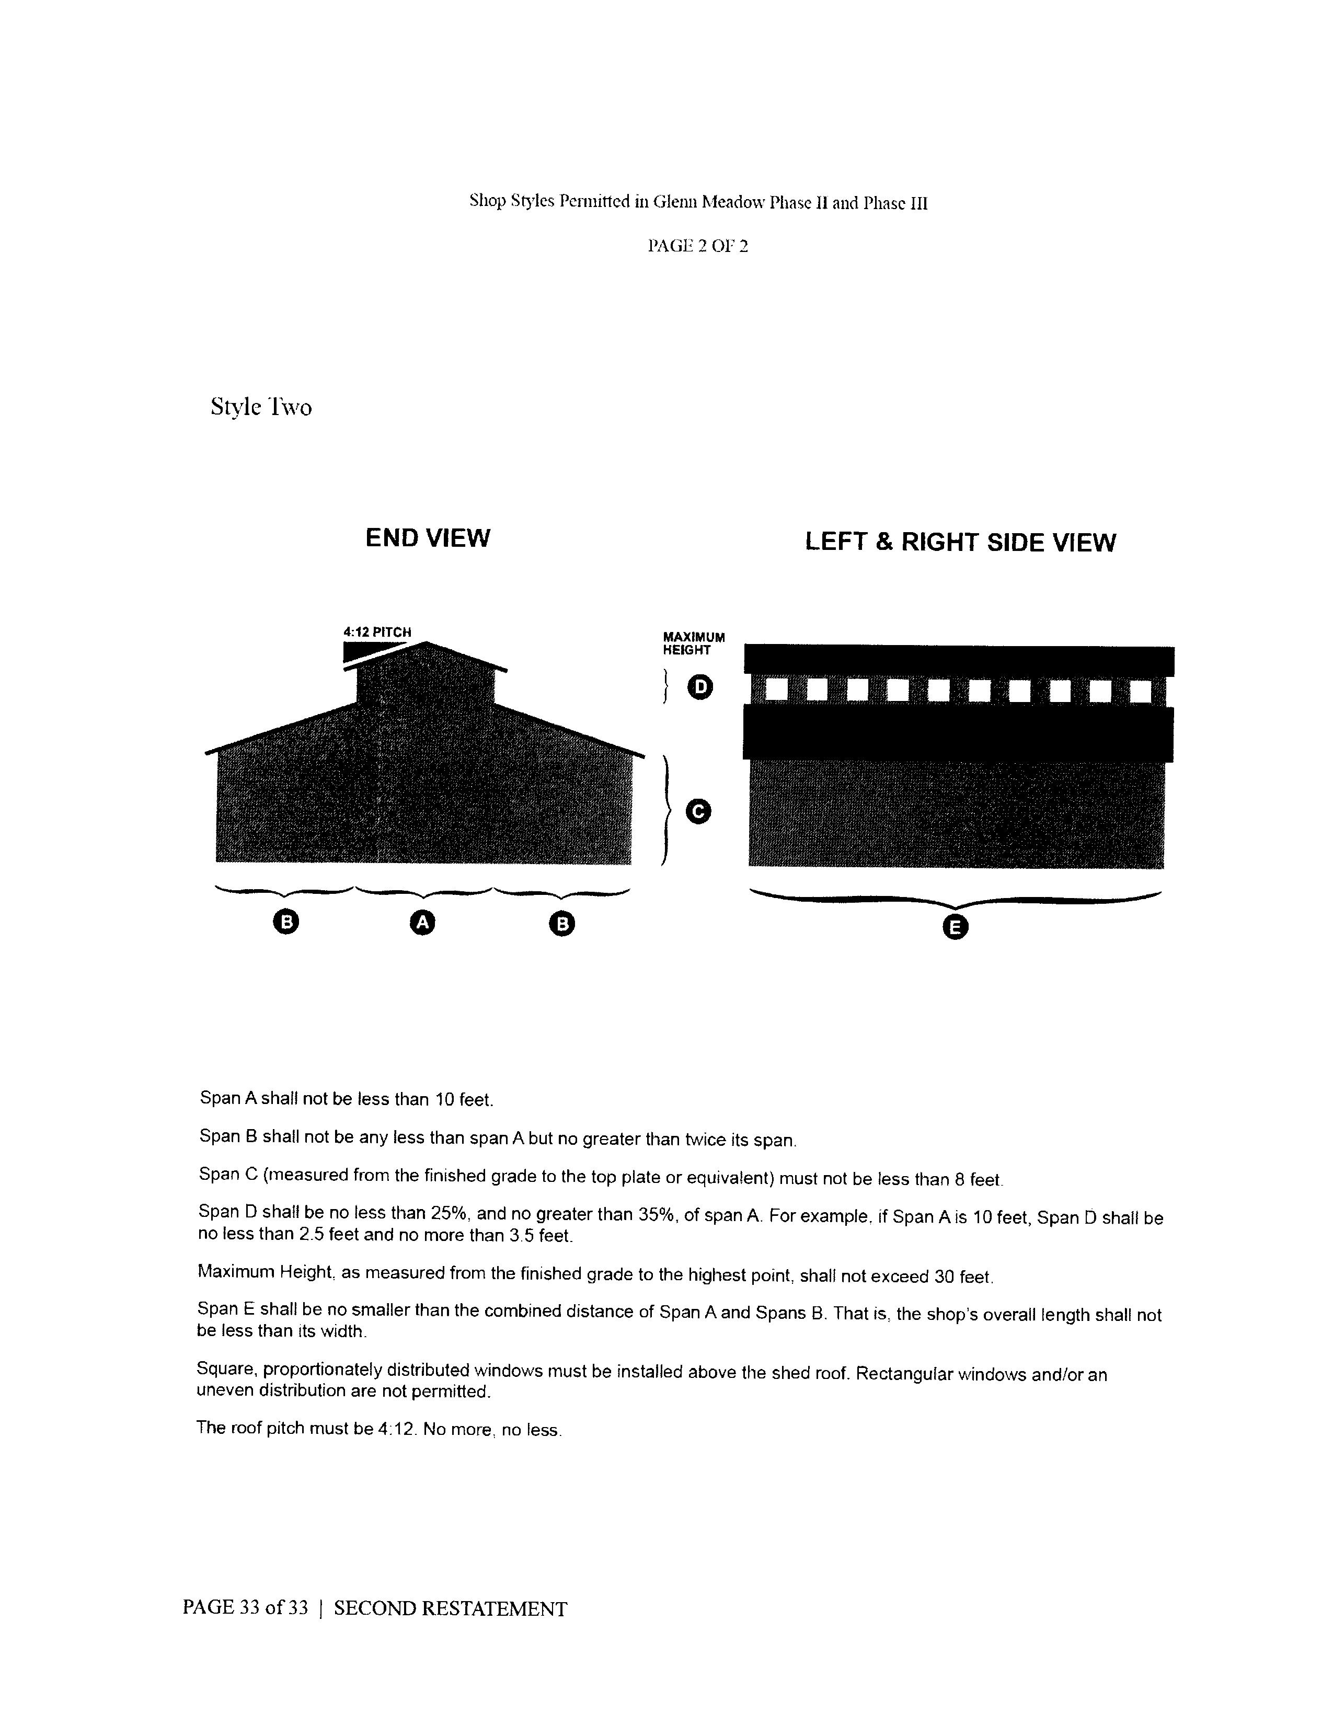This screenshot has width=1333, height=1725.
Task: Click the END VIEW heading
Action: [427, 538]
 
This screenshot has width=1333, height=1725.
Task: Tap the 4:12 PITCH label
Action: [377, 632]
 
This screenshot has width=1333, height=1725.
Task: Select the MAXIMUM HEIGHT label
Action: [693, 643]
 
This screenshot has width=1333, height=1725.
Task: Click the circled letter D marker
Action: [699, 687]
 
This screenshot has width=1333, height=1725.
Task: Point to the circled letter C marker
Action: [698, 811]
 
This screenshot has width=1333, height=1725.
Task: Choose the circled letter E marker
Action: [955, 927]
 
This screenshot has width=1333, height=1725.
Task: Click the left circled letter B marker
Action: [286, 922]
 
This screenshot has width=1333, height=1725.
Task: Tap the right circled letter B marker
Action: [561, 923]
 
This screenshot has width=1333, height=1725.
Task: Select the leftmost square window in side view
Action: [775, 691]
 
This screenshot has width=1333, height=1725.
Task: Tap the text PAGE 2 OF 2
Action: [697, 246]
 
